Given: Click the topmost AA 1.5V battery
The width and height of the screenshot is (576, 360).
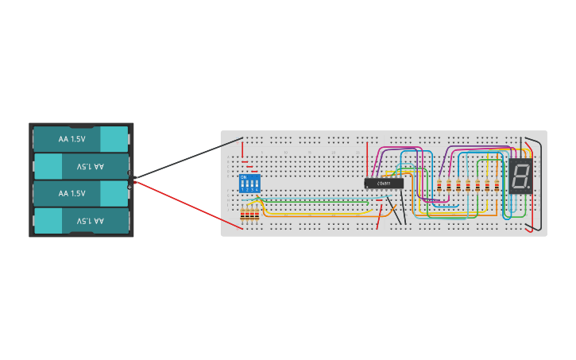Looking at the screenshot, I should coord(80,138).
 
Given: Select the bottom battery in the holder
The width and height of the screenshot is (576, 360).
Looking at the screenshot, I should coord(80,220).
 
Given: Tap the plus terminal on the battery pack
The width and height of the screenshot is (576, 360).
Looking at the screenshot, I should coord(130,187).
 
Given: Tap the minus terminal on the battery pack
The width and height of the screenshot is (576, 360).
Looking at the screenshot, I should coord(130,172).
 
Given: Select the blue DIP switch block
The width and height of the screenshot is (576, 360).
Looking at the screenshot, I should coord(249,184).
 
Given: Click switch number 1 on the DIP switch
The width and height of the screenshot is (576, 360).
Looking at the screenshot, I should coord(242,185).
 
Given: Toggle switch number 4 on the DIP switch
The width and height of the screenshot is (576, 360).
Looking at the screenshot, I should coord(257,185).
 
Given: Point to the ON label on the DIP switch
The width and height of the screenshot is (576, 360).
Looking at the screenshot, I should coord(243,177).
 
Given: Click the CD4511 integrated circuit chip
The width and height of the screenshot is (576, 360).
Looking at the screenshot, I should coord(384,184).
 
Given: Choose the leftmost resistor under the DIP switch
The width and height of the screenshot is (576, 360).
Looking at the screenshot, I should coord(242,215).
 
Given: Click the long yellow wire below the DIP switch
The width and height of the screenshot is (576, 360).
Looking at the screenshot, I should coord(318,215).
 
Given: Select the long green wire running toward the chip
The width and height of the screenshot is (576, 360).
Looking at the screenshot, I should coord(318,201).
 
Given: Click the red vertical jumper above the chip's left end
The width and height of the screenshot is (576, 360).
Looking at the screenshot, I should coord(368,163).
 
